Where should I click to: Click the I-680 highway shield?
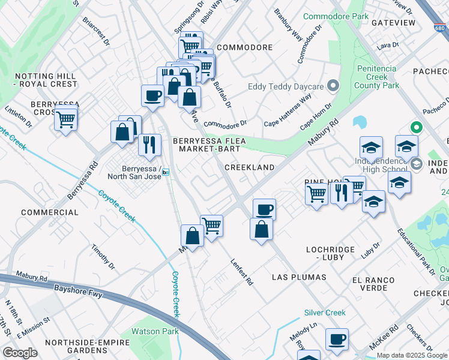[x=440, y=28]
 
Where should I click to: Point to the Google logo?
[x=20, y=353]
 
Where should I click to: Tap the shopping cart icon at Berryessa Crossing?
[x=65, y=118]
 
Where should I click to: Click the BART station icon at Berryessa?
[x=166, y=172]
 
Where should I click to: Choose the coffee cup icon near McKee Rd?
[x=337, y=339]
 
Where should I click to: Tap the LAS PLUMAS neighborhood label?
[x=299, y=277]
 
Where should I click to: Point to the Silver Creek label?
[x=325, y=313]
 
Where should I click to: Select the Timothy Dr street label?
[x=103, y=256]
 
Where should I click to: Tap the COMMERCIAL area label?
[x=50, y=212]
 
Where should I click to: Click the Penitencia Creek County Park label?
[x=378, y=77]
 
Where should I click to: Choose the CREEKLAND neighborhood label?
[x=249, y=167]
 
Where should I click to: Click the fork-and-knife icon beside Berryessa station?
[x=149, y=145]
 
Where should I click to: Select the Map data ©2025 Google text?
[x=412, y=355]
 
